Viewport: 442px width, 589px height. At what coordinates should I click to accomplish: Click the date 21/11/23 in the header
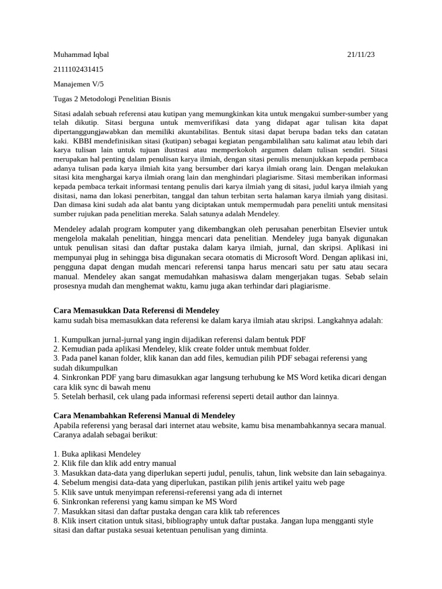pos(361,55)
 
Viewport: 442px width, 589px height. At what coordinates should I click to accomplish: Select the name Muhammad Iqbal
pos(81,55)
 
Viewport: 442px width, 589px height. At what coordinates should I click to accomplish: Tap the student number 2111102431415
pos(78,69)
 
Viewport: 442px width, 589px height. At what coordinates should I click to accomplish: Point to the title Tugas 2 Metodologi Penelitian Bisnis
pos(112,99)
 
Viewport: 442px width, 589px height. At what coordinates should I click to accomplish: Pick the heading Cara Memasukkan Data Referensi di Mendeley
pos(136,311)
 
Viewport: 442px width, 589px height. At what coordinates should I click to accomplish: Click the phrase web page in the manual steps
pos(329,483)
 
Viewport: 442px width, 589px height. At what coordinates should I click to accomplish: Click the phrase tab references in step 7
pos(250,511)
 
